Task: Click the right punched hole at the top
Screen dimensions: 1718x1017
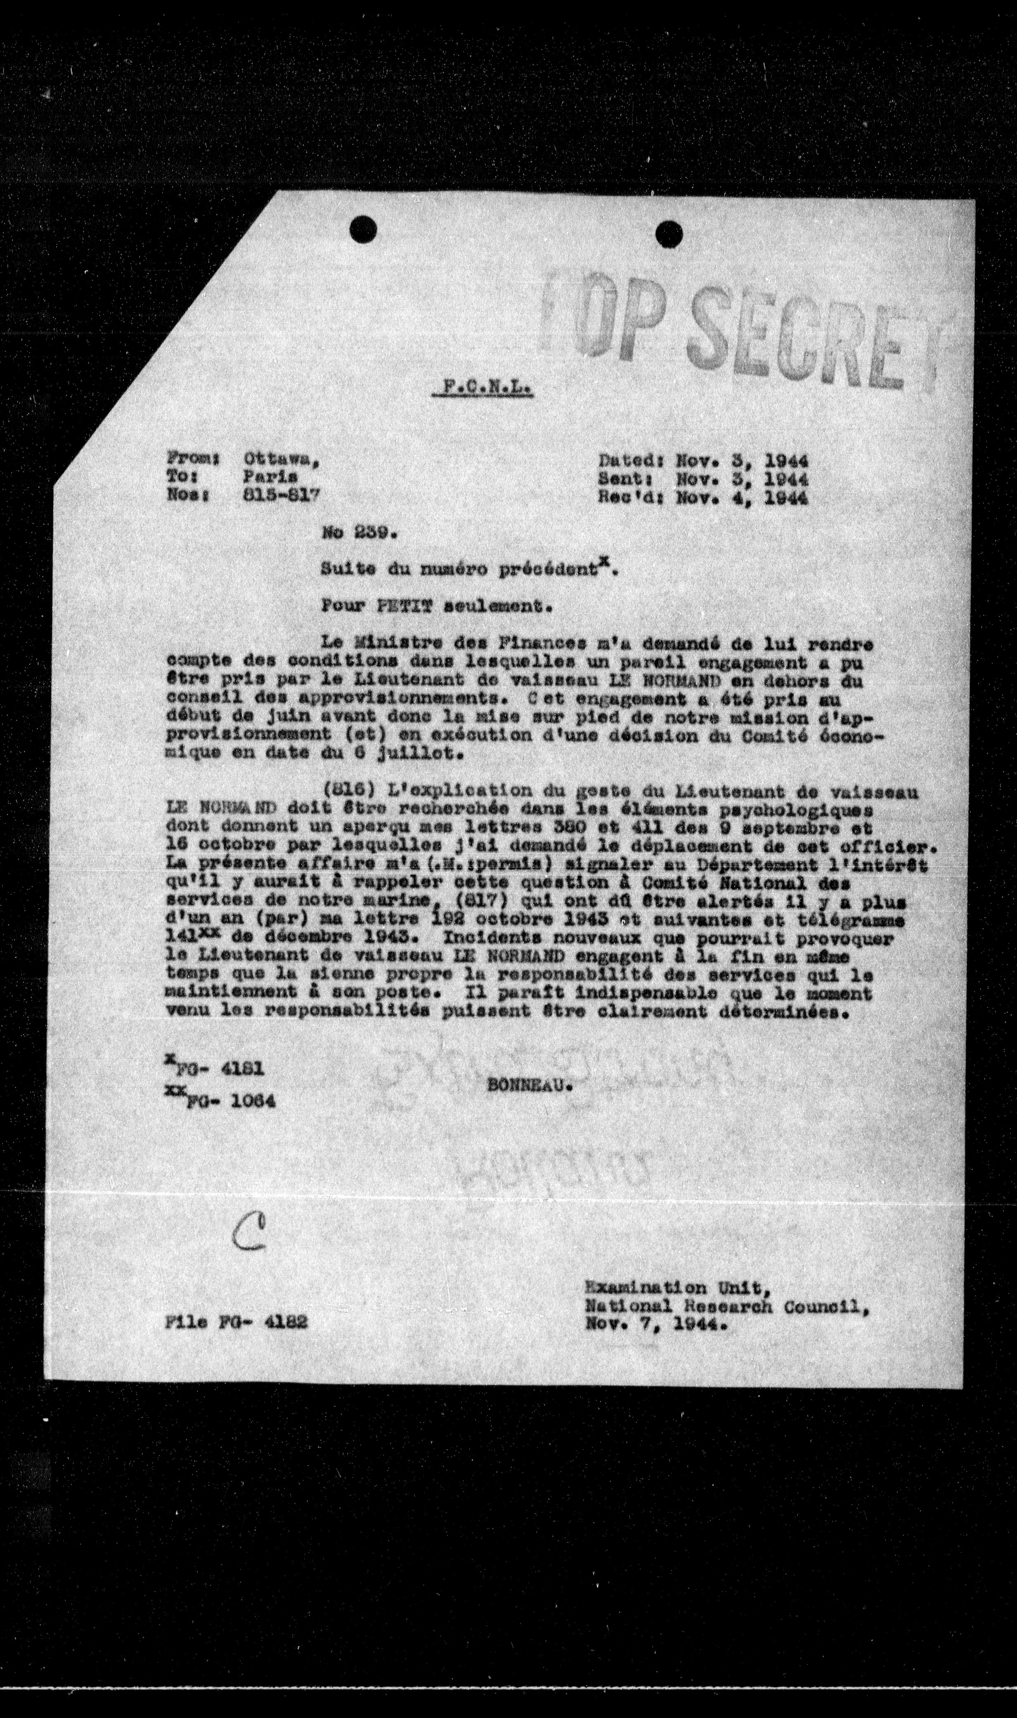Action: (669, 235)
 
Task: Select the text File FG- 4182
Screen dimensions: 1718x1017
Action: (237, 1321)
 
